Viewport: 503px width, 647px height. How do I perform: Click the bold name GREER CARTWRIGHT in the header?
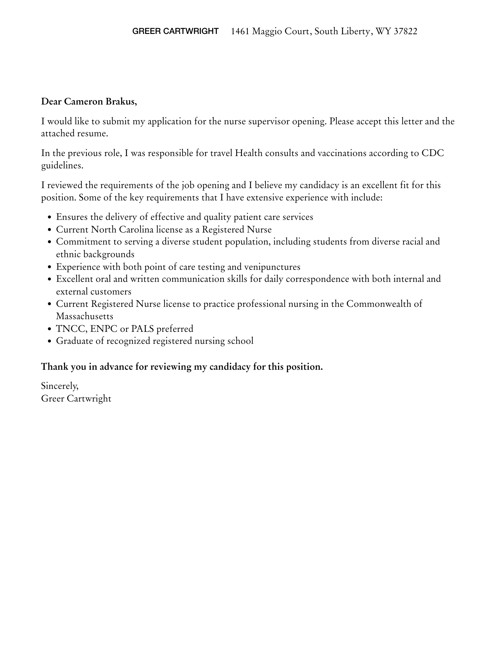tap(175, 31)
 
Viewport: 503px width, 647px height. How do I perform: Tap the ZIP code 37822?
tap(405, 31)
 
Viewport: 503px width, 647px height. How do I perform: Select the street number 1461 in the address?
tap(240, 31)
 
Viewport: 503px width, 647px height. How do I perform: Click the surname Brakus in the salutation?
tap(121, 101)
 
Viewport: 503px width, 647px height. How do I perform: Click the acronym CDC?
tap(433, 153)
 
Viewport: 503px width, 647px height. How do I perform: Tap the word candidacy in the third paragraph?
tap(319, 185)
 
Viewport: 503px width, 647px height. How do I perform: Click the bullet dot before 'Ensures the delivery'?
tap(50, 217)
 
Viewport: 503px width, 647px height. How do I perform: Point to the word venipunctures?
tap(272, 266)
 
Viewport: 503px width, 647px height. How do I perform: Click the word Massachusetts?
tap(84, 316)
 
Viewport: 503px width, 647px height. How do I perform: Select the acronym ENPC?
tap(104, 329)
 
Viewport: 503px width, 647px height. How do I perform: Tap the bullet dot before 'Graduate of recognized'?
tap(50, 341)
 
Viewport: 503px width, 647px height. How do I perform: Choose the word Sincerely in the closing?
tap(60, 386)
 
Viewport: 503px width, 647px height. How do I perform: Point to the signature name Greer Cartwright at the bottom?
tap(76, 398)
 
